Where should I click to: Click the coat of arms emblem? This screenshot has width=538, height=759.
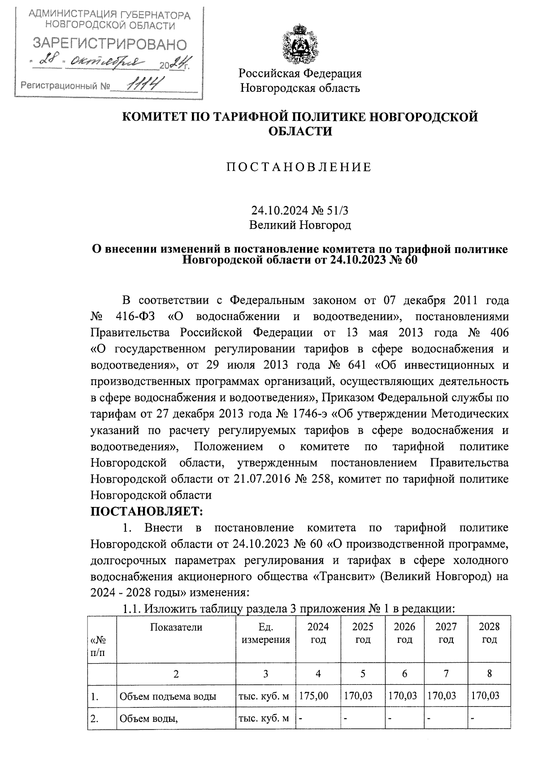pos(299,45)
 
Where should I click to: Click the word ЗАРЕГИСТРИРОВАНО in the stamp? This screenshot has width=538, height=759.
pos(110,44)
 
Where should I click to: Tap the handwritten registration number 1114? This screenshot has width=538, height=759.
pos(144,83)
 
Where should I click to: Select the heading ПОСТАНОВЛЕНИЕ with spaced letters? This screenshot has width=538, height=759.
pos(299,167)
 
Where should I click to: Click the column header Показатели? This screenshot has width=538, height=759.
pos(176,627)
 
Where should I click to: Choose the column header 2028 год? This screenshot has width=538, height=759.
pos(489,633)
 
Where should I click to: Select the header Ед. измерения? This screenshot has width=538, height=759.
pos(265,633)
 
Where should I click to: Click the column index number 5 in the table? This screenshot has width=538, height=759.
pos(362,673)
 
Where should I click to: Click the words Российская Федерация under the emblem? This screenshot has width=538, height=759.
pos(299,73)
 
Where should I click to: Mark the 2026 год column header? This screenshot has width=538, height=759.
pos(404,633)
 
